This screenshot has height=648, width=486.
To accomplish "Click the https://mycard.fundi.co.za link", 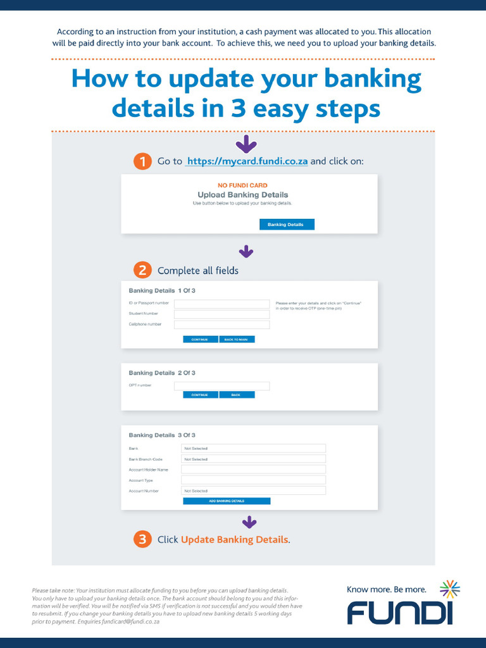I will pyautogui.click(x=247, y=161).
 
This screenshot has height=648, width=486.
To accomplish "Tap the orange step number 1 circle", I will pyautogui.click(x=142, y=161).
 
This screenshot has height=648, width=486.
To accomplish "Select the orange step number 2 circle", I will pyautogui.click(x=142, y=271).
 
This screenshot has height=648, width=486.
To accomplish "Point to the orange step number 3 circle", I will pyautogui.click(x=142, y=539).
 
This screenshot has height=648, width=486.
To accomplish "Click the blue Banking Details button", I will pyautogui.click(x=287, y=225).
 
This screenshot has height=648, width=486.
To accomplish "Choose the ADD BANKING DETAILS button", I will pyautogui.click(x=227, y=501).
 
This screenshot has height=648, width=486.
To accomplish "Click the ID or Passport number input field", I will pyautogui.click(x=221, y=304).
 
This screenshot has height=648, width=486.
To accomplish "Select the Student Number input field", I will pyautogui.click(x=221, y=314).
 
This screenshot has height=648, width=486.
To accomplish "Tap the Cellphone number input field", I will pyautogui.click(x=221, y=324).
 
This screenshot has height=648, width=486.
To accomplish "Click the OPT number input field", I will pyautogui.click(x=221, y=385).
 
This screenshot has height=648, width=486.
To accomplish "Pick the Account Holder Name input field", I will pyautogui.click(x=253, y=470).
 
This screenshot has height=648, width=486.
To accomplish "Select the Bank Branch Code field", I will pyautogui.click(x=253, y=459).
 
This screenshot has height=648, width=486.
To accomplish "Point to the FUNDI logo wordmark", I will pyautogui.click(x=399, y=613).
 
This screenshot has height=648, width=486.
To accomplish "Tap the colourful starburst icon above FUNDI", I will pyautogui.click(x=449, y=589).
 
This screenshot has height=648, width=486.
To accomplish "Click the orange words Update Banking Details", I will pyautogui.click(x=234, y=540).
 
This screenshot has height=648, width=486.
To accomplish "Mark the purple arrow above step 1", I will pyautogui.click(x=246, y=144).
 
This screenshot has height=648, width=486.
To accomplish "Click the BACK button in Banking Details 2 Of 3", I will pyautogui.click(x=237, y=395).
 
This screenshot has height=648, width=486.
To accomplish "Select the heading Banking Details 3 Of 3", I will pyautogui.click(x=162, y=435).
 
